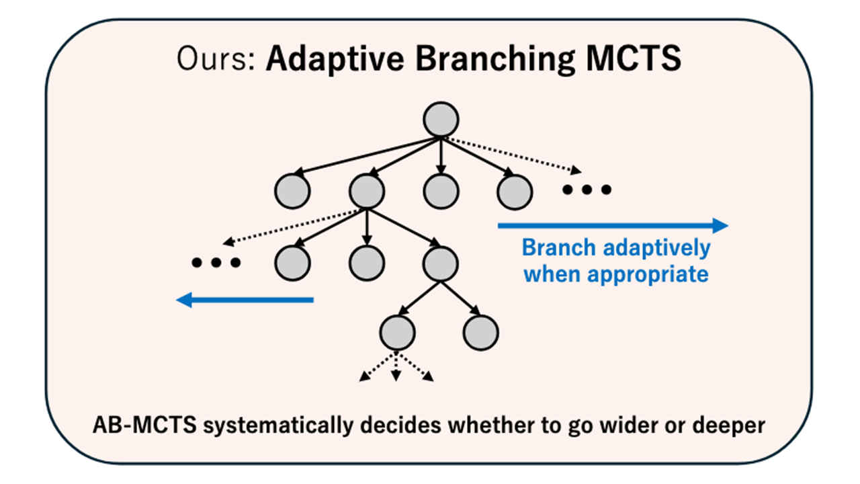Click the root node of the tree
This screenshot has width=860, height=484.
tap(441, 120)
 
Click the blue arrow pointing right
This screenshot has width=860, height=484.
tap(612, 226)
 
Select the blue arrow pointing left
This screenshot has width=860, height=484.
tap(245, 300)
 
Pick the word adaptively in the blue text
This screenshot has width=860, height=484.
tap(656, 247)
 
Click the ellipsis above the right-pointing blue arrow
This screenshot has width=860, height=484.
tap(587, 190)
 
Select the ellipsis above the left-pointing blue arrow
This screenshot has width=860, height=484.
tap(216, 263)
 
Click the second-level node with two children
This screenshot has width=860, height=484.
tap(441, 263)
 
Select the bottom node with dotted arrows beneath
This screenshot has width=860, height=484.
tap(397, 332)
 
